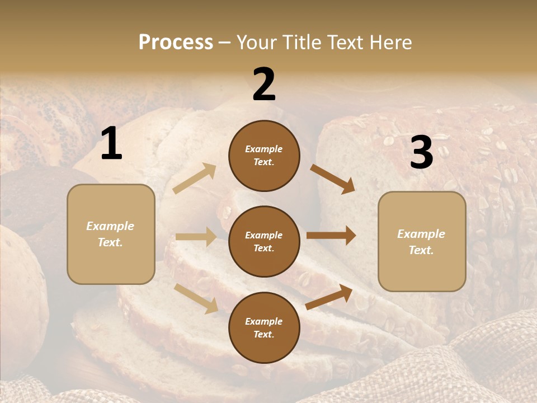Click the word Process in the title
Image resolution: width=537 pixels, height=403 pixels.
point(176,43)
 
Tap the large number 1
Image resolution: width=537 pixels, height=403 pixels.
point(111,144)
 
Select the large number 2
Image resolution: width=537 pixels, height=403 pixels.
point(264,85)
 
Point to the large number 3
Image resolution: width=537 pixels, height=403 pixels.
point(421,153)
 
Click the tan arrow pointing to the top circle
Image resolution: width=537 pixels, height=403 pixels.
point(194,179)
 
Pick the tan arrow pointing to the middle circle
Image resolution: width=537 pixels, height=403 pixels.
point(196,237)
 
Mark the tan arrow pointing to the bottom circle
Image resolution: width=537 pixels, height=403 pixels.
point(196,298)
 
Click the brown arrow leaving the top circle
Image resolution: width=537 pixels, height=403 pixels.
point(333,179)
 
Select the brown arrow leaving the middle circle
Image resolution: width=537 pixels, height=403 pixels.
point(331,235)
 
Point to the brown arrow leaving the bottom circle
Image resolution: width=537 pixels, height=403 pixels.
point(329,297)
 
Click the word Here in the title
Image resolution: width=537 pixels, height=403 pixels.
point(391,43)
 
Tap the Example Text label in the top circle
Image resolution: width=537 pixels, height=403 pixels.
point(264,156)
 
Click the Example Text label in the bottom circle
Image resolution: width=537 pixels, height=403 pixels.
point(264,328)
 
